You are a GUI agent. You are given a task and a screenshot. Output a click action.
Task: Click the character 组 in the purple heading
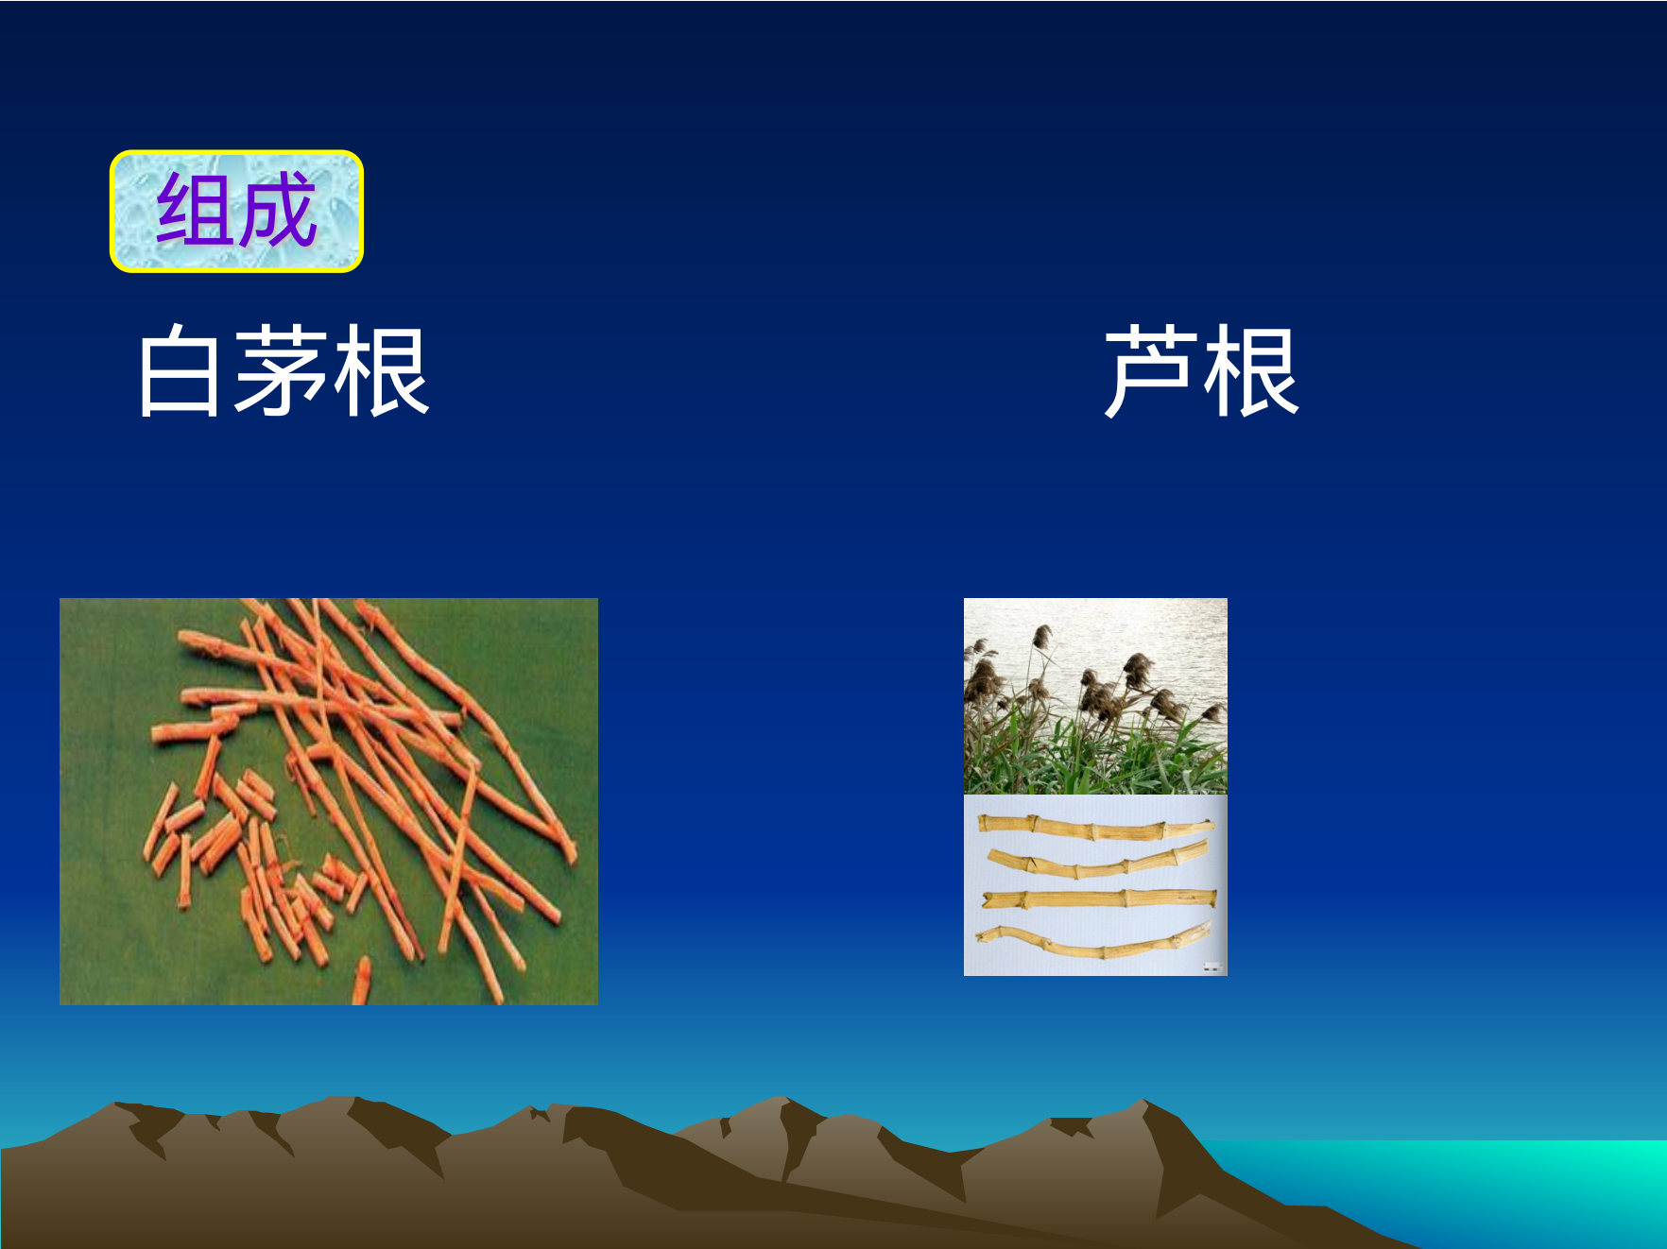click(x=196, y=210)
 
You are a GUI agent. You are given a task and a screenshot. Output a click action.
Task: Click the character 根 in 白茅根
click(x=382, y=371)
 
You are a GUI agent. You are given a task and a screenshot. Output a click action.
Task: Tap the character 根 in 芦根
click(x=1251, y=371)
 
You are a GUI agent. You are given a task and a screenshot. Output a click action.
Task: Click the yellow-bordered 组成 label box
click(x=236, y=211)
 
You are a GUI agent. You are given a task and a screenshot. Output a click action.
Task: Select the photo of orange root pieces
click(x=329, y=801)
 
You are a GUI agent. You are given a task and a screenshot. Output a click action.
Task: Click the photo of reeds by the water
click(x=1095, y=696)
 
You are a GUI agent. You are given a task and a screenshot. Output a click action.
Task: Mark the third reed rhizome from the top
click(x=1099, y=898)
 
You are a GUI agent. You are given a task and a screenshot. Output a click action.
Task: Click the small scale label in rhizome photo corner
click(x=1212, y=967)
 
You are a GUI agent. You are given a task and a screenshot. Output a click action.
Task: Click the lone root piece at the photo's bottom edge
click(x=361, y=981)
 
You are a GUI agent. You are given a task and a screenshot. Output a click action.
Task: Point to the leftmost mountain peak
click(x=118, y=1104)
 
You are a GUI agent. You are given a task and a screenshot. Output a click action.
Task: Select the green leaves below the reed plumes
click(x=1095, y=756)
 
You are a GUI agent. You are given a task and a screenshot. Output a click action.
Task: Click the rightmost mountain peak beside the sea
click(x=1144, y=1102)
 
